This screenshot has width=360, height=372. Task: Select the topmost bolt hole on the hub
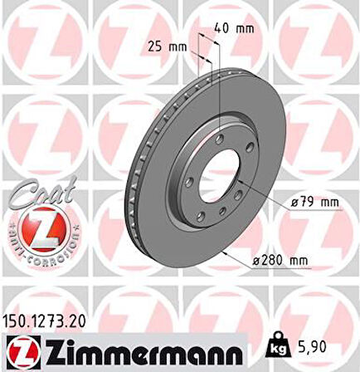pos(221,136)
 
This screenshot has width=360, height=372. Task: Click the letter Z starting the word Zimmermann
pos(57,351)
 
